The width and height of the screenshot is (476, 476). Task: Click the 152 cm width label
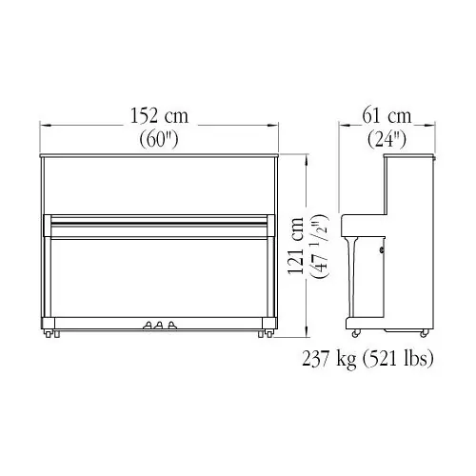pos(159,116)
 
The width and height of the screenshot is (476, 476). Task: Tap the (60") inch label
pos(159,139)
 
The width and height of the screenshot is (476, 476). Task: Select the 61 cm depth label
pos(387,116)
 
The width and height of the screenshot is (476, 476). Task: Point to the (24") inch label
pos(387,139)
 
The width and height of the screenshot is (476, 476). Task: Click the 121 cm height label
pos(296,245)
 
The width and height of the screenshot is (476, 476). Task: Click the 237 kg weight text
pos(328,359)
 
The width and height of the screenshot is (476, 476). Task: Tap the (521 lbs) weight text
pos(398,359)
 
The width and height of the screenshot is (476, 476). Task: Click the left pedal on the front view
pos(148,325)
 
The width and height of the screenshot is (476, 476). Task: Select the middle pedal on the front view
pos(160,325)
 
